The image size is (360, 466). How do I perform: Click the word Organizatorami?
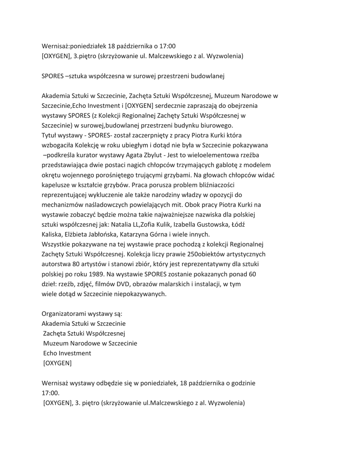65,314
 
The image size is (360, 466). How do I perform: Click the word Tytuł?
51,135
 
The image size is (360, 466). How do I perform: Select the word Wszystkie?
57,244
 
